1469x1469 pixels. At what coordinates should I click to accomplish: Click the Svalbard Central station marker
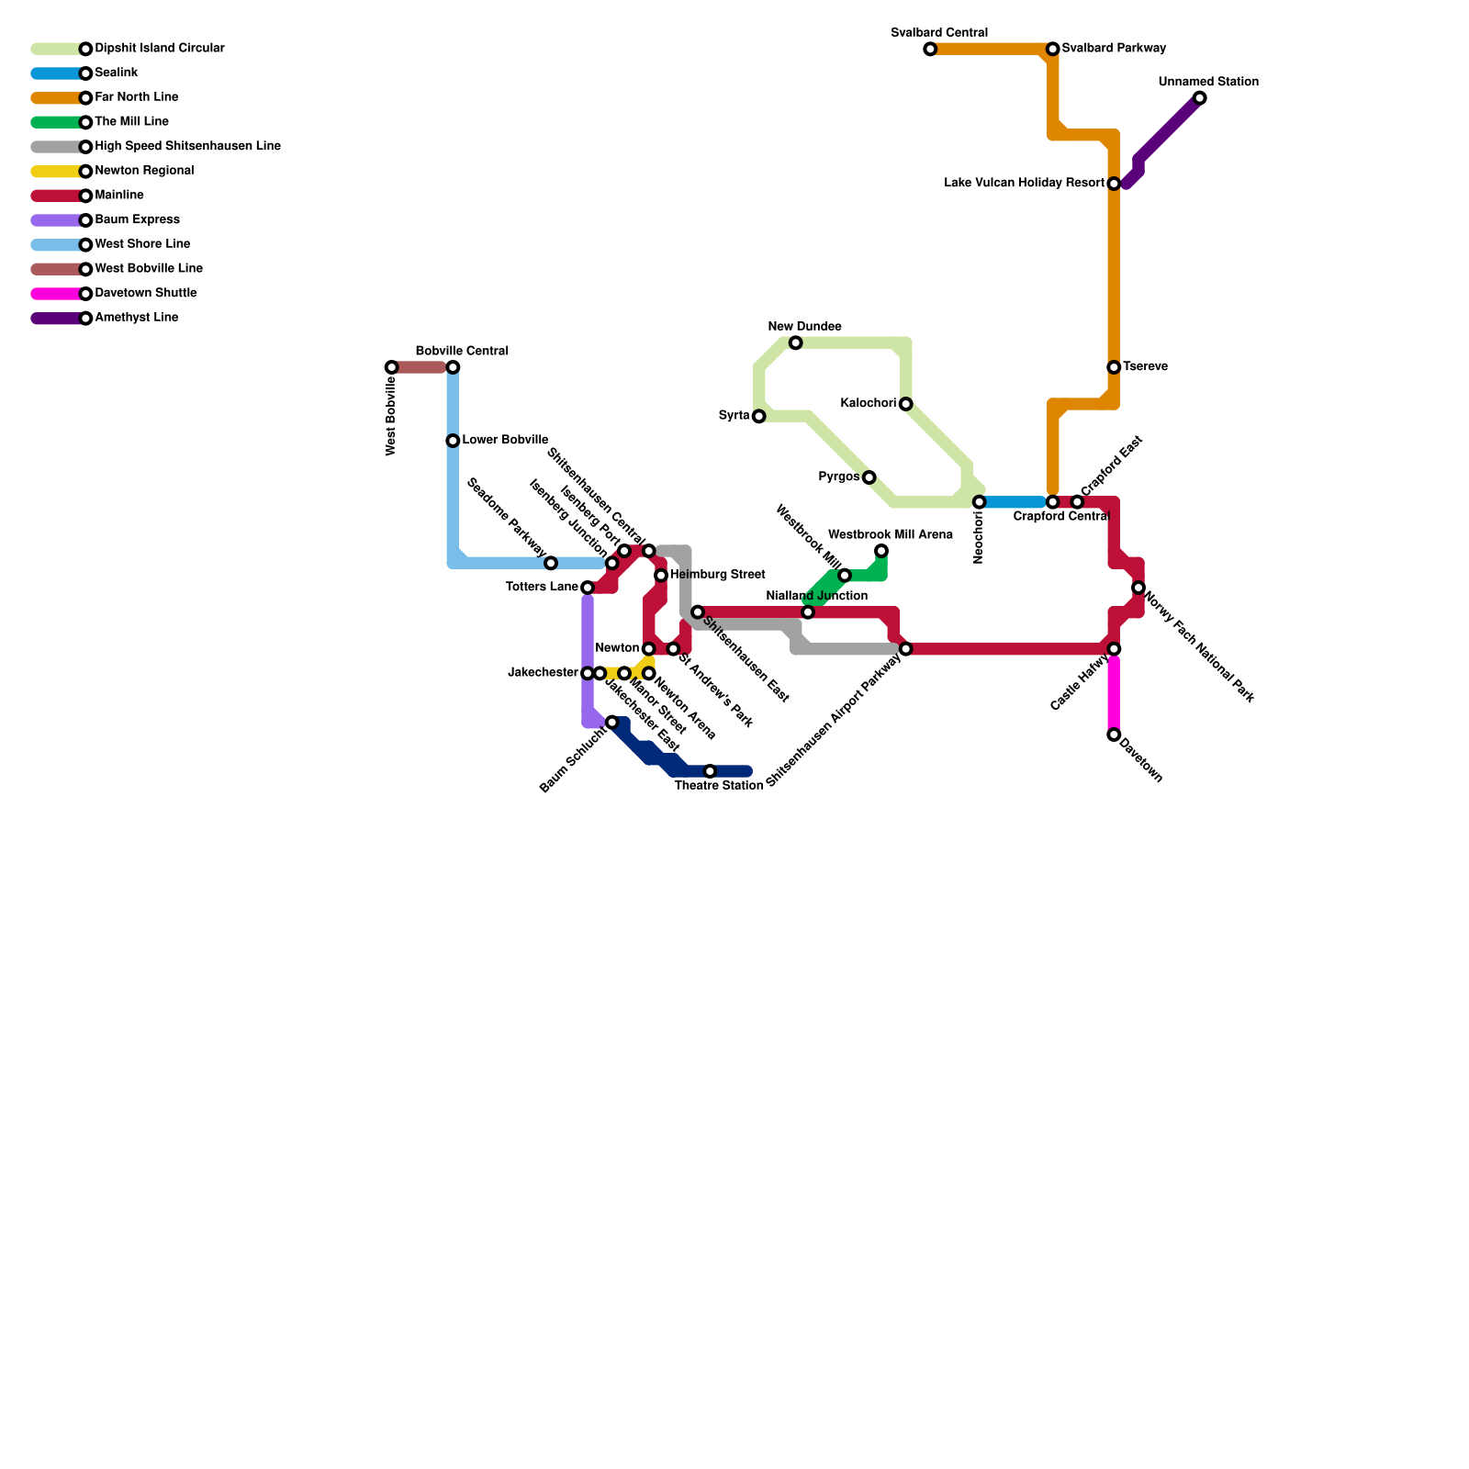[930, 49]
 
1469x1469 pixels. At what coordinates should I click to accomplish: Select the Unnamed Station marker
[1199, 98]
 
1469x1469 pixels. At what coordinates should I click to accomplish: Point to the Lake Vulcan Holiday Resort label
[1024, 184]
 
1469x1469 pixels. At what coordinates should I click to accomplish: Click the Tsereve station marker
[1114, 367]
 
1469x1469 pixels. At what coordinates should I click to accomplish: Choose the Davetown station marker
[1114, 734]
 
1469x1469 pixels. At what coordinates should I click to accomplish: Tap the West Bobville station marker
[392, 367]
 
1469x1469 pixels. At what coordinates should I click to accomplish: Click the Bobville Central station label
[462, 352]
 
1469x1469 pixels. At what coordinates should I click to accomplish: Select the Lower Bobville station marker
[453, 441]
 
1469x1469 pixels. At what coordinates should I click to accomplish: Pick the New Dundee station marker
[795, 342]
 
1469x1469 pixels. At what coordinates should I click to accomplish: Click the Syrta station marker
[758, 417]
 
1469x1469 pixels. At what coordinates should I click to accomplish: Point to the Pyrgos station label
[838, 477]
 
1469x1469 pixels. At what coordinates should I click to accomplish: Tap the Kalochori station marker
[905, 404]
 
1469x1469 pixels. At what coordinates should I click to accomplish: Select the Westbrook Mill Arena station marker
[881, 551]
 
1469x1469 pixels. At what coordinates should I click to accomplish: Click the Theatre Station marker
[710, 771]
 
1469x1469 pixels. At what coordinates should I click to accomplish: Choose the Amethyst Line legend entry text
[137, 318]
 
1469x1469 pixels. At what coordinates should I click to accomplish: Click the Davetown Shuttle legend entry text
[146, 294]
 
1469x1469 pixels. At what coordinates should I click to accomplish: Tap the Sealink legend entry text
[117, 73]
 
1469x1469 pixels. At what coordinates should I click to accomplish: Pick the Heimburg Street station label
[717, 575]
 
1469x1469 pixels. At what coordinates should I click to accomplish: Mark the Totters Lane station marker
[588, 588]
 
